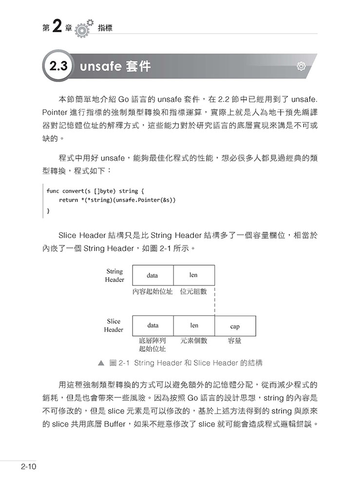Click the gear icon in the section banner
coord(301,66)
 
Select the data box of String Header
coord(152,275)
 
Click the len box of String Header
coord(193,275)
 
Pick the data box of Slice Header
coord(152,325)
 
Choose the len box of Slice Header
coord(194,325)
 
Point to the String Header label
coord(114,276)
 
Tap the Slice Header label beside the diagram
coord(114,325)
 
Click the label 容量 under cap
coord(235,341)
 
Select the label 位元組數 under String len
coord(193,291)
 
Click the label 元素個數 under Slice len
coord(194,341)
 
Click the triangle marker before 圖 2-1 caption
coord(101,363)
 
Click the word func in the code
coord(53,191)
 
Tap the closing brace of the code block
coord(48,210)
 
